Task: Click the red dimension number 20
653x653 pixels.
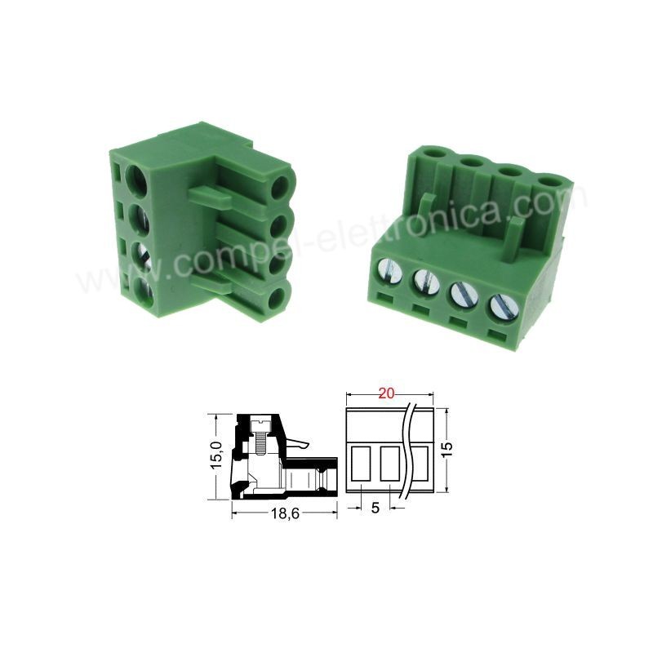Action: pos(385,393)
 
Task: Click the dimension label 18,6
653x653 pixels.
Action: pos(285,513)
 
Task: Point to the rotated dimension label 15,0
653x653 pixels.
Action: pos(217,456)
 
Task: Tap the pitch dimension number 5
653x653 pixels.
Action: pos(375,508)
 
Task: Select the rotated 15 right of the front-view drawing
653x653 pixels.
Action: pos(447,450)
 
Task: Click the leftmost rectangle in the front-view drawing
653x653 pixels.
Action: pos(361,463)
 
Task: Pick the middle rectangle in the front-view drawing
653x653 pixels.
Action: pos(390,463)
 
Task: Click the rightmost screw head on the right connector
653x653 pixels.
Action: pos(504,308)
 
